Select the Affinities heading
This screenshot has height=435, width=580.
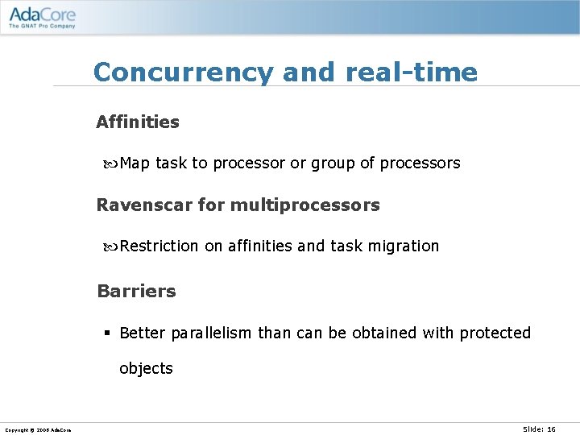[x=138, y=122]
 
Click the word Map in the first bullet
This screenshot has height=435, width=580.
[x=135, y=164]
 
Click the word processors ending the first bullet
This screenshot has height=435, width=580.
[x=420, y=164]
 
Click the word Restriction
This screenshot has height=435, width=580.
[x=159, y=246]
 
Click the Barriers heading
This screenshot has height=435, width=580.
[x=136, y=292]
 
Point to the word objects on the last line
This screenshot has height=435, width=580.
[x=146, y=369]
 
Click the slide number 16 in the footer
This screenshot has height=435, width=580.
[x=551, y=429]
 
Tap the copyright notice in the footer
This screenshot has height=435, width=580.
[x=37, y=430]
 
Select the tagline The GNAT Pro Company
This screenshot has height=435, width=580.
[x=42, y=26]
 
